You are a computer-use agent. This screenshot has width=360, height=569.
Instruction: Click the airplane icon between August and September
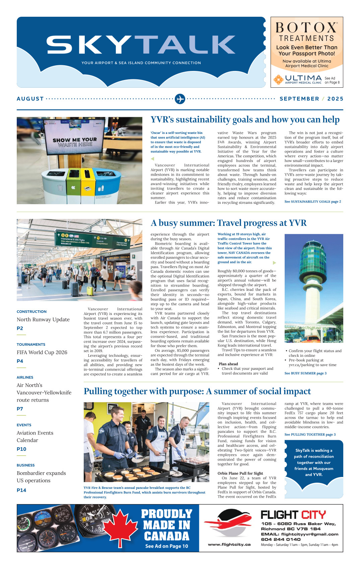(x=180, y=99)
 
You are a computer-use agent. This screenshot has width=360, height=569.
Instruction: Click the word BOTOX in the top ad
(x=306, y=27)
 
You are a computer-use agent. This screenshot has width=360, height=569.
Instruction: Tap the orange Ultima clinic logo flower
(x=278, y=79)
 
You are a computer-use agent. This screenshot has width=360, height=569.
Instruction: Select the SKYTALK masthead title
(x=141, y=45)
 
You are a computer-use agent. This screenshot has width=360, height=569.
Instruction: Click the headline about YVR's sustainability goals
(x=245, y=119)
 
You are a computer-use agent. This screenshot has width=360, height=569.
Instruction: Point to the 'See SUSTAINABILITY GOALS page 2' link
(x=312, y=201)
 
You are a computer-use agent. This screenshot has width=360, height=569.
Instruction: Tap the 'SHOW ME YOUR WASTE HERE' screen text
(x=75, y=142)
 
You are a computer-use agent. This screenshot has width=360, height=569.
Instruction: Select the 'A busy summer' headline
(x=228, y=223)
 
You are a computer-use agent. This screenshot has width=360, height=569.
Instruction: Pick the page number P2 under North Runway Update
(x=20, y=328)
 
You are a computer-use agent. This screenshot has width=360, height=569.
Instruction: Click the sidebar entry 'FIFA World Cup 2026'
(x=42, y=352)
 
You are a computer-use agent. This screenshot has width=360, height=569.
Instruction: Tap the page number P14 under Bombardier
(x=21, y=490)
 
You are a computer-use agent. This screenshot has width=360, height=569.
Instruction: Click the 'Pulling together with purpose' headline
(x=197, y=391)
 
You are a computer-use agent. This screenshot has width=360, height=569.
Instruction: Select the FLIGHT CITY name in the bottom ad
(x=293, y=514)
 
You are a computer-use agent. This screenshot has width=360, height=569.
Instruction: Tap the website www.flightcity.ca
(x=229, y=545)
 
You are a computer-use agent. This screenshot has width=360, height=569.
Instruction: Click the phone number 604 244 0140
(x=281, y=539)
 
